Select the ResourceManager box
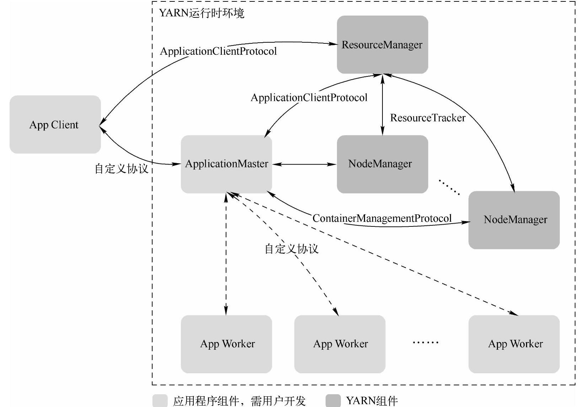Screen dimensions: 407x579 click(382, 45)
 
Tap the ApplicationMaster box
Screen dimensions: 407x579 click(226, 164)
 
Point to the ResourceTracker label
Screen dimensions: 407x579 click(428, 118)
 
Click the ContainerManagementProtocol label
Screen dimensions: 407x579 click(382, 218)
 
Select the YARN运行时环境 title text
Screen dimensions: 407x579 click(202, 14)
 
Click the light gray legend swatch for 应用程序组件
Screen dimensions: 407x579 click(160, 401)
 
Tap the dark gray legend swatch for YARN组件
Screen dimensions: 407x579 click(333, 401)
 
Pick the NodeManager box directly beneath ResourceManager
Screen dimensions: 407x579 click(382, 164)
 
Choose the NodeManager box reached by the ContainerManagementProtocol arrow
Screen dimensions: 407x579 click(514, 220)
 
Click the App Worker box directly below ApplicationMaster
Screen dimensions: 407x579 click(226, 344)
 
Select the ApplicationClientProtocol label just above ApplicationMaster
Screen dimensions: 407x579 click(309, 98)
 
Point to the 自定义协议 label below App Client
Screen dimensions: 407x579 click(121, 168)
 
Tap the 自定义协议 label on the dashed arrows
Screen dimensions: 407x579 click(291, 249)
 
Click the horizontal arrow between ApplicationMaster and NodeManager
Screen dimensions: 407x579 click(304, 164)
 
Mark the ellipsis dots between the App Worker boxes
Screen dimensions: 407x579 click(425, 343)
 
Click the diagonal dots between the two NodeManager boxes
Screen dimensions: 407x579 click(449, 187)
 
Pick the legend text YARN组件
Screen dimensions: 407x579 click(372, 401)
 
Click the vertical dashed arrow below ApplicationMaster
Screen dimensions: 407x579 click(226, 254)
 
